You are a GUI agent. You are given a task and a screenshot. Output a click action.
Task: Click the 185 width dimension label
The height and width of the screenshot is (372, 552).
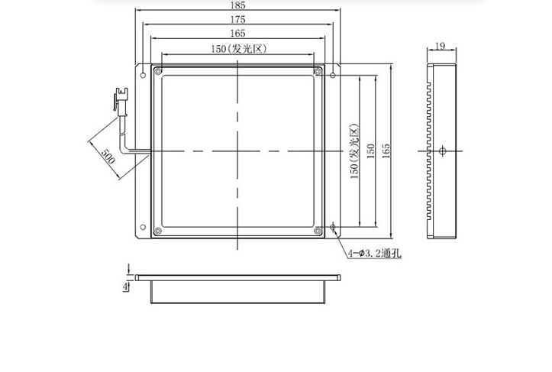pos(237,5)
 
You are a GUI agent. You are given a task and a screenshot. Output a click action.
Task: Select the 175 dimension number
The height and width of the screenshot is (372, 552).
pos(237,19)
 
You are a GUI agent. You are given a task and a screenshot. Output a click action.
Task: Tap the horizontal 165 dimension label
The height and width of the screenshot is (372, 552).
pos(237,33)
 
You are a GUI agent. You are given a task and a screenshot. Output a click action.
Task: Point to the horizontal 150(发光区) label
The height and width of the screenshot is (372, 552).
pos(239,49)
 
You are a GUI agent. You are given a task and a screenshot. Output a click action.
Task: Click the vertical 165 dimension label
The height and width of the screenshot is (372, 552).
pos(386,150)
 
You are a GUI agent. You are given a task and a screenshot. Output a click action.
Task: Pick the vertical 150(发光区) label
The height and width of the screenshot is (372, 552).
pos(354,151)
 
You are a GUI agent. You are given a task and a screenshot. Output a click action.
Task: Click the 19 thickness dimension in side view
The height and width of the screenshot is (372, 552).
pos(440,46)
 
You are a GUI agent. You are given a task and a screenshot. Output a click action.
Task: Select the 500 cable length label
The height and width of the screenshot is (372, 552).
pos(108,157)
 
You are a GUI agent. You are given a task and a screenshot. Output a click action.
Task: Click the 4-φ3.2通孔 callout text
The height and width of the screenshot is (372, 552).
pos(375,253)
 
